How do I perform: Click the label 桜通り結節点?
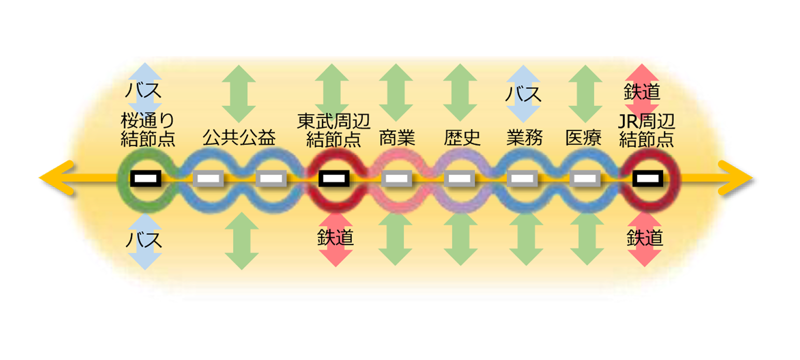pyautogui.click(x=147, y=129)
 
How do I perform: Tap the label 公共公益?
pyautogui.click(x=239, y=137)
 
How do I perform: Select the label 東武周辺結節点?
pyautogui.click(x=333, y=130)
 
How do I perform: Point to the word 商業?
pyautogui.click(x=397, y=137)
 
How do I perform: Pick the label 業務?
pyautogui.click(x=524, y=137)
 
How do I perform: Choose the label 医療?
pyautogui.click(x=583, y=137)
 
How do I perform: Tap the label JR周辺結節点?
pyautogui.click(x=646, y=130)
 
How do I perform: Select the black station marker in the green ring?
pyautogui.click(x=145, y=178)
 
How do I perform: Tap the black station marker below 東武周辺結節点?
pyautogui.click(x=334, y=178)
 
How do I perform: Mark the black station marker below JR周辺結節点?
pyautogui.click(x=648, y=178)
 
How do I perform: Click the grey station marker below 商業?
pyautogui.click(x=397, y=178)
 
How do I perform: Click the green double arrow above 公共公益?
pyautogui.click(x=239, y=93)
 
